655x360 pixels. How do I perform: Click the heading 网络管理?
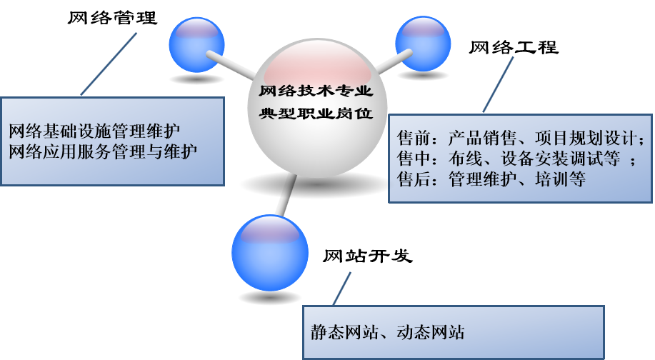click(x=112, y=18)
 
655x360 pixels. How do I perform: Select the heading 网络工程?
click(x=514, y=48)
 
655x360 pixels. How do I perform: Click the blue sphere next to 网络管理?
click(x=196, y=45)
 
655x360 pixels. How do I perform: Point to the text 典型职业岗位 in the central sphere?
click(x=315, y=114)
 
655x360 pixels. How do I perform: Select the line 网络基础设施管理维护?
click(x=94, y=131)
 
